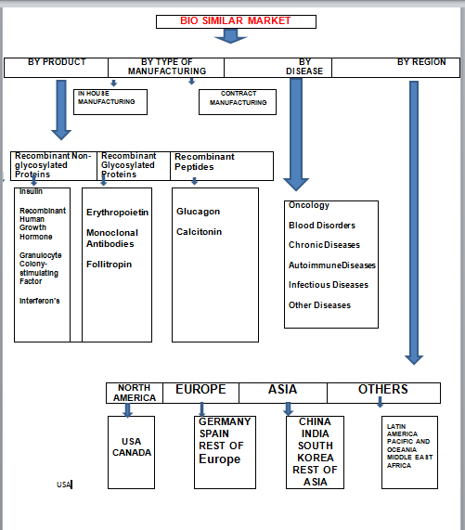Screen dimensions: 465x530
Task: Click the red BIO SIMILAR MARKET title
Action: [x=236, y=20]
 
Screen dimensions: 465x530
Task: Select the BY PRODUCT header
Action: [x=57, y=62]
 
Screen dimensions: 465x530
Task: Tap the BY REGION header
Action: [x=421, y=62]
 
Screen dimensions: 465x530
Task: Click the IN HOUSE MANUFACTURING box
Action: [x=110, y=102]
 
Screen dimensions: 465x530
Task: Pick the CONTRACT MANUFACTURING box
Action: [x=238, y=102]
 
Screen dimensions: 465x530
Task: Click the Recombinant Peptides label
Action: [x=204, y=162]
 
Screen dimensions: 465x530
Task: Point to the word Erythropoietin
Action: [x=117, y=213]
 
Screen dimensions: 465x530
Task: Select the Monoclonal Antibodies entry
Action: [x=112, y=239]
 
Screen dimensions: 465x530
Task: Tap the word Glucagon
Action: [x=198, y=212]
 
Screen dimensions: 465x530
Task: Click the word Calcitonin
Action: [x=199, y=232]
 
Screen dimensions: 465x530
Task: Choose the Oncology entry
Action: [x=309, y=205]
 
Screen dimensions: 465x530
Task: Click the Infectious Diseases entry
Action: [x=329, y=285]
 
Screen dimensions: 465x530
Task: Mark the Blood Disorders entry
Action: [x=322, y=226]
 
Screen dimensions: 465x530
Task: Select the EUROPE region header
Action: [x=200, y=390]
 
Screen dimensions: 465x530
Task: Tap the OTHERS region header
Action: [x=383, y=390]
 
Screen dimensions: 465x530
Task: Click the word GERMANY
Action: [x=225, y=421]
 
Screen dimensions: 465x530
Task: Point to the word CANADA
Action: [x=132, y=453]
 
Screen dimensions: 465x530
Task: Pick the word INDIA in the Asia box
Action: [x=316, y=433]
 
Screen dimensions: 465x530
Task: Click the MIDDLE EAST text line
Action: [x=409, y=458]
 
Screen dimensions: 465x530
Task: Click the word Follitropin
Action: [x=109, y=265]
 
